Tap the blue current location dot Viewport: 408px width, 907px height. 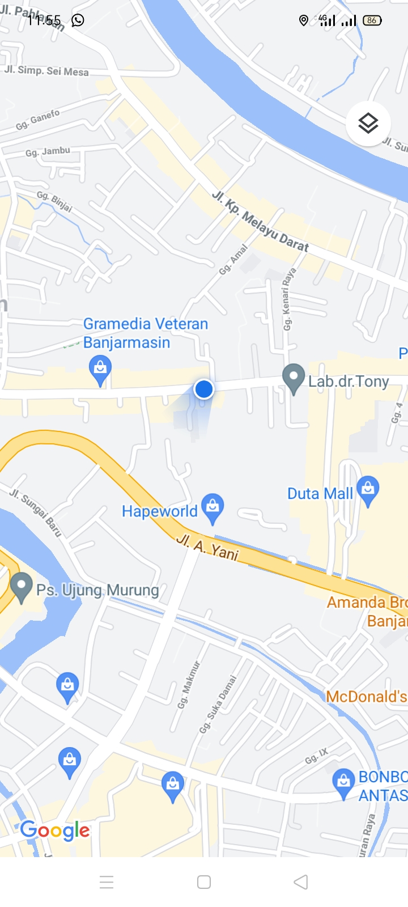pyautogui.click(x=203, y=389)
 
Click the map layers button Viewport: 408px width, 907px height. pyautogui.click(x=368, y=123)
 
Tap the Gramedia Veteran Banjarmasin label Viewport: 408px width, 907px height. pyautogui.click(x=145, y=333)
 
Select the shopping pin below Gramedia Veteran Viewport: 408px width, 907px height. pyautogui.click(x=100, y=370)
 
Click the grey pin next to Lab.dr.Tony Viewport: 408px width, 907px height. pyautogui.click(x=294, y=378)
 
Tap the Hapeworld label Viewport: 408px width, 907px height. pyautogui.click(x=159, y=511)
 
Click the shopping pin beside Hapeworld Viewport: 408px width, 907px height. pyautogui.click(x=212, y=507)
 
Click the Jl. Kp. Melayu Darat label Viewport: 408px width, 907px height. pyautogui.click(x=260, y=222)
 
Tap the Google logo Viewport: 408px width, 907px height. pyautogui.click(x=55, y=831)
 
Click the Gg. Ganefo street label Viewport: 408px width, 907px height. pyautogui.click(x=38, y=120)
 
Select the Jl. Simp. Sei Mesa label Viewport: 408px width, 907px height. pyautogui.click(x=46, y=71)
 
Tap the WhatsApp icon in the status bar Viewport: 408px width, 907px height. pyautogui.click(x=78, y=20)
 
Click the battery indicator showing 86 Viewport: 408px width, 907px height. pyautogui.click(x=372, y=20)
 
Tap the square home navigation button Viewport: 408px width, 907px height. pyautogui.click(x=204, y=882)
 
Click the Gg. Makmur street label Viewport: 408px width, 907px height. pyautogui.click(x=189, y=685)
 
